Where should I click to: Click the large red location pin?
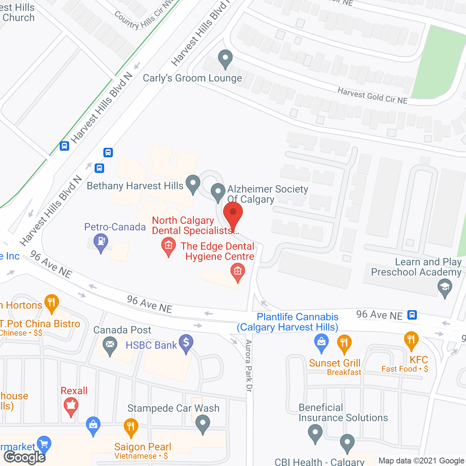click(x=233, y=215)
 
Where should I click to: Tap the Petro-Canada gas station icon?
click(x=101, y=242)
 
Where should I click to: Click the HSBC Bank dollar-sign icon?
click(x=186, y=343)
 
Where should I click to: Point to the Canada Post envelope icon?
click(x=110, y=344)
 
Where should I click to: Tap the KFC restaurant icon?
click(x=411, y=340)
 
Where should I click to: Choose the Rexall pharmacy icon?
click(x=71, y=406)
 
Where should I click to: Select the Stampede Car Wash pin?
click(x=203, y=424)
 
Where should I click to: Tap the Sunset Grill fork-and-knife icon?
click(x=344, y=343)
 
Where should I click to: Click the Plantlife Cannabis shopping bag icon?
click(x=321, y=342)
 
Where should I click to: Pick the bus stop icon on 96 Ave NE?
click(x=412, y=315)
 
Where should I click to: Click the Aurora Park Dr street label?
click(x=249, y=366)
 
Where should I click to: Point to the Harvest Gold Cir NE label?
click(x=372, y=96)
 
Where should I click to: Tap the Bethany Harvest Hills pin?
click(x=193, y=183)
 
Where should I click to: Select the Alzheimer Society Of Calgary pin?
click(x=218, y=191)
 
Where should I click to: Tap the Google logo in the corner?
click(x=25, y=457)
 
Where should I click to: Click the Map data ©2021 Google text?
click(x=422, y=461)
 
